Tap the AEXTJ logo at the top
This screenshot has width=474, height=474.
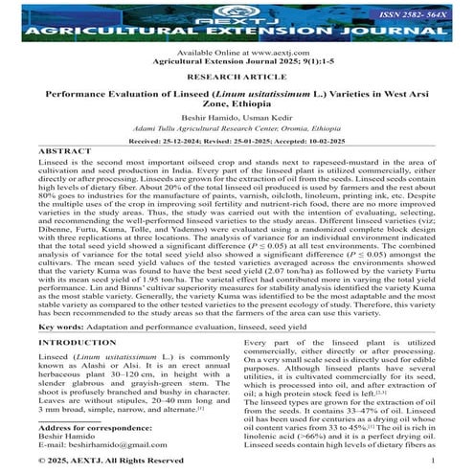click(237, 11)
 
